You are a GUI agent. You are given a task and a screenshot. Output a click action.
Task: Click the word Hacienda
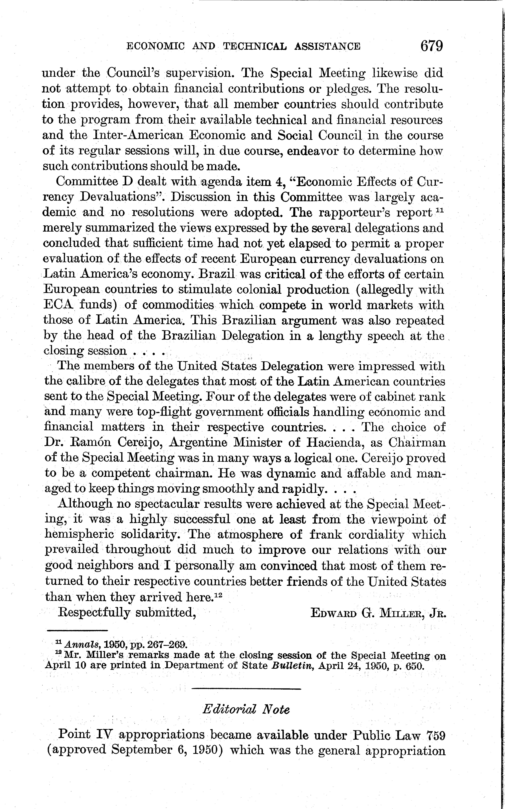pos(335,443)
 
